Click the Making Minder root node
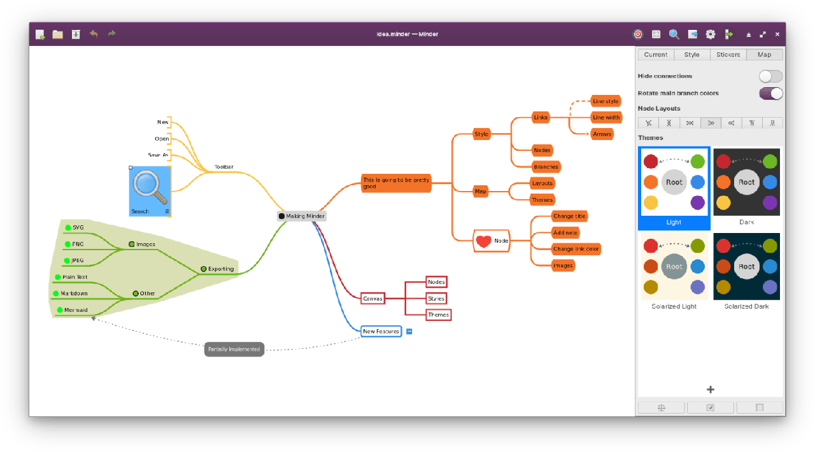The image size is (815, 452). pyautogui.click(x=302, y=216)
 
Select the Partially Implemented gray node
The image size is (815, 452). pyautogui.click(x=234, y=349)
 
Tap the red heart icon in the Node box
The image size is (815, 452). pyautogui.click(x=484, y=241)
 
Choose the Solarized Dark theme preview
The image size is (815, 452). pyautogui.click(x=746, y=267)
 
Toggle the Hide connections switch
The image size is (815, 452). pyautogui.click(x=770, y=76)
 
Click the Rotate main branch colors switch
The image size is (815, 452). pyautogui.click(x=770, y=94)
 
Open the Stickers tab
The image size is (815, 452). pyautogui.click(x=728, y=55)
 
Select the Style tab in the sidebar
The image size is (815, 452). pyautogui.click(x=691, y=55)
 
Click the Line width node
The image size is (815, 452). pyautogui.click(x=606, y=118)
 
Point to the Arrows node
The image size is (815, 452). pyautogui.click(x=602, y=134)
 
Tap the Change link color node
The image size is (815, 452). pyautogui.click(x=576, y=249)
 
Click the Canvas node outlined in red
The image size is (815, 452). pyautogui.click(x=372, y=299)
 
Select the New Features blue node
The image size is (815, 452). pyautogui.click(x=381, y=332)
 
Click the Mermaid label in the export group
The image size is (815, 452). pyautogui.click(x=76, y=310)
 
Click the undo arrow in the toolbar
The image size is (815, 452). pyautogui.click(x=94, y=34)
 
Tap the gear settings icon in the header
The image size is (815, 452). pyautogui.click(x=711, y=34)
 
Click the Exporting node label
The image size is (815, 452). pyautogui.click(x=221, y=269)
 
